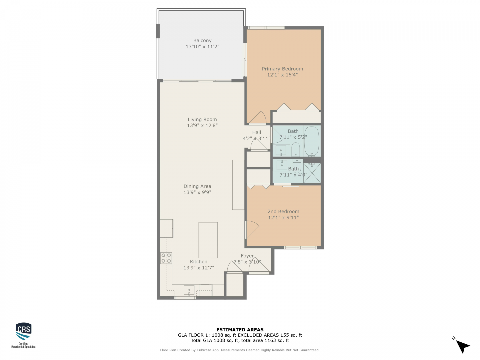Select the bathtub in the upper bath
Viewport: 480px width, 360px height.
(x=312, y=141)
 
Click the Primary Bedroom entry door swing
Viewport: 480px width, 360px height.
(x=257, y=117)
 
